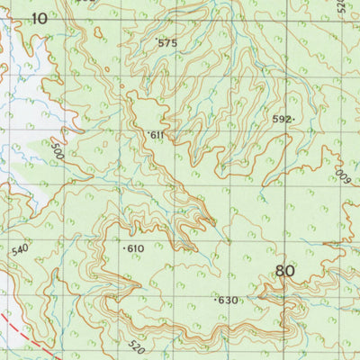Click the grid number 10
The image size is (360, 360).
[40, 17]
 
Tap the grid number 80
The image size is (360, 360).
[285, 271]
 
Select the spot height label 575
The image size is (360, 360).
[168, 43]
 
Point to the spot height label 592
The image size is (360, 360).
[282, 118]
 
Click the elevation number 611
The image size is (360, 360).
[158, 135]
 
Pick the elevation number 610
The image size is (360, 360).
[136, 248]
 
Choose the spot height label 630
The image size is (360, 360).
[229, 300]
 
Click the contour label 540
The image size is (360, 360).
[22, 249]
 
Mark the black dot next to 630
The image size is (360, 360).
[217, 298]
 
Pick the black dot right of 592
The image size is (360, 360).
[294, 118]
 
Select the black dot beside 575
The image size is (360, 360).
[157, 40]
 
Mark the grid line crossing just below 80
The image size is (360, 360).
[285, 289]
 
